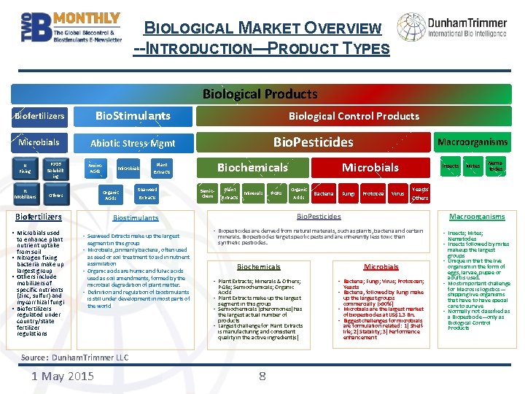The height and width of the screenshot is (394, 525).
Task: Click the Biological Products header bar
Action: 260,94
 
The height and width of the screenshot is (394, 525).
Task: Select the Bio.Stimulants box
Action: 133,115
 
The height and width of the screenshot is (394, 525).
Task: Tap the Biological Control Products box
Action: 354,115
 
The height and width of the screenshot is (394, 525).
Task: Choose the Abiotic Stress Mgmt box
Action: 133,143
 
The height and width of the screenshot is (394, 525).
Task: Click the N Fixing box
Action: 26,169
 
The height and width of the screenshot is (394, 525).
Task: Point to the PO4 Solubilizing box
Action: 55,169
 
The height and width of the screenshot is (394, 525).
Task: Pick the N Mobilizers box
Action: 26,195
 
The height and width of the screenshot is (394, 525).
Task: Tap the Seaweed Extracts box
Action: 147,193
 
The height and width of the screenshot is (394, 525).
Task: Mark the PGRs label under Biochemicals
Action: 276,194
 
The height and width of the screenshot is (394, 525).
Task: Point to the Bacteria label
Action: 323,194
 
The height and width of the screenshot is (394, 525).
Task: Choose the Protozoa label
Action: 373,194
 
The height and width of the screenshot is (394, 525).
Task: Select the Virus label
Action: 397,194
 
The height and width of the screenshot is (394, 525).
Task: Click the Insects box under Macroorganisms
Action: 451,166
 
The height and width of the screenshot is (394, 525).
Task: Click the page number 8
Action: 262,376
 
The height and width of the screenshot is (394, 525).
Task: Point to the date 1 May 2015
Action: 63,376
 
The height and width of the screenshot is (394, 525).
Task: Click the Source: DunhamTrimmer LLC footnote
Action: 74,358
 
